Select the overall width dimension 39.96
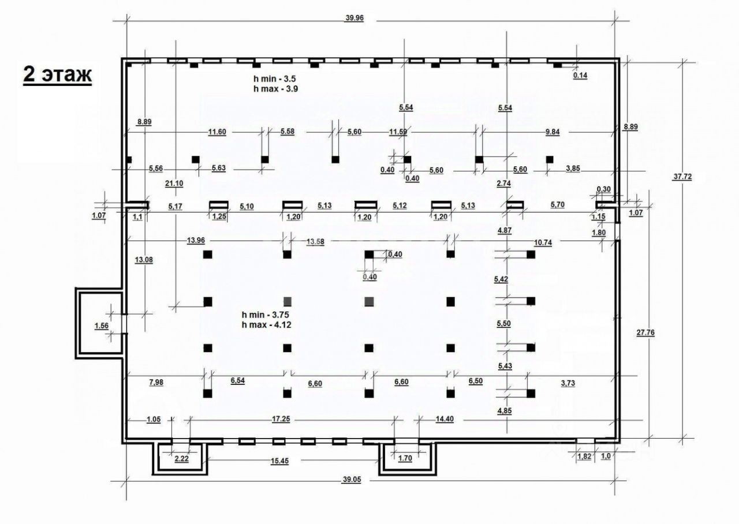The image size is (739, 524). (x=354, y=18)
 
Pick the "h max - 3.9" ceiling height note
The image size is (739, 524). (x=275, y=88)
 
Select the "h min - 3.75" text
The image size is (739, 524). (x=265, y=314)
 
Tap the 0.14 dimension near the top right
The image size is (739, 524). (x=580, y=76)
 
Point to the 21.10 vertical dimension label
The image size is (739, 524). (x=174, y=183)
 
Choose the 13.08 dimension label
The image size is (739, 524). (x=144, y=259)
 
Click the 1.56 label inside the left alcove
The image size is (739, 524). (x=102, y=326)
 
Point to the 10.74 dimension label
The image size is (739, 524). (x=543, y=242)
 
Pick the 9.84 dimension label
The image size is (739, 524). (x=553, y=132)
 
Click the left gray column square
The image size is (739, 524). (x=288, y=301)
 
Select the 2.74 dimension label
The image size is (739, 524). (x=505, y=183)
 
